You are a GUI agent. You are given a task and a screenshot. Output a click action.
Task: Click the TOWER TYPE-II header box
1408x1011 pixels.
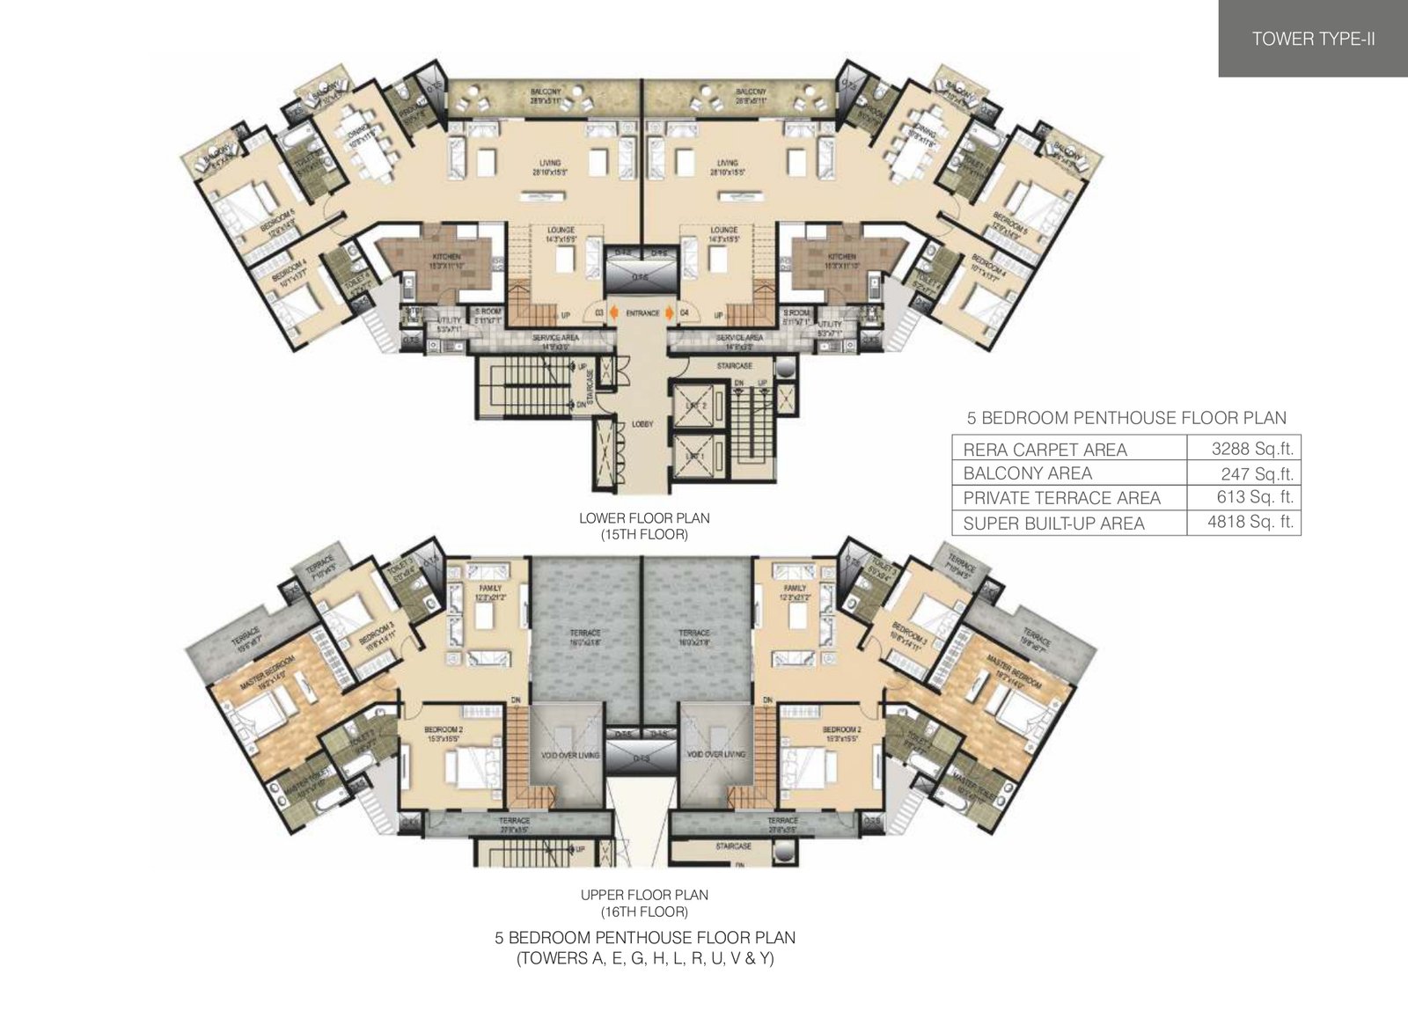click(1313, 39)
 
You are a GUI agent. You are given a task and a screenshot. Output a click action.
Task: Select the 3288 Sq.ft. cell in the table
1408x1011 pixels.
click(1243, 449)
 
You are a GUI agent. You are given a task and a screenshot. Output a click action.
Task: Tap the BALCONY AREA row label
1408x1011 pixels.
click(1027, 473)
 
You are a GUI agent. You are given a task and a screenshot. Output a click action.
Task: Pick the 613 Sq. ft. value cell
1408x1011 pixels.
click(1243, 497)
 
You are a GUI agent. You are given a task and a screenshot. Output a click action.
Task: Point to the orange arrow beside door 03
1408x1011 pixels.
click(612, 313)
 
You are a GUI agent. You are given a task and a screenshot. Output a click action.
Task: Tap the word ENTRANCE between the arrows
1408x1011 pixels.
click(642, 313)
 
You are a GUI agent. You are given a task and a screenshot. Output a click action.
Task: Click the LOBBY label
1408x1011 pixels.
click(642, 424)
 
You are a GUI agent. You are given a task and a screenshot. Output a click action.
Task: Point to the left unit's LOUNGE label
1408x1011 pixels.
click(561, 230)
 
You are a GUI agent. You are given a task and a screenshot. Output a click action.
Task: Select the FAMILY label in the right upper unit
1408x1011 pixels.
click(794, 588)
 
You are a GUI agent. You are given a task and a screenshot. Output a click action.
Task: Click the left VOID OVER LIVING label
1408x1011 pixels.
click(563, 754)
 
